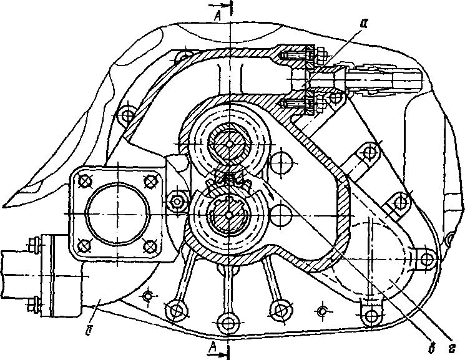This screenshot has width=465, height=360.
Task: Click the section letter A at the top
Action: [x=218, y=16]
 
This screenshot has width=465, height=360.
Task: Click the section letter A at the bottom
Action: [x=212, y=346]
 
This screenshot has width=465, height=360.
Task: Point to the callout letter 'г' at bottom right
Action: [x=452, y=349]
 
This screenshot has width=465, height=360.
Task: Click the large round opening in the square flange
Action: [x=117, y=213]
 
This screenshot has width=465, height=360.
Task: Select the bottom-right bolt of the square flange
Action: [x=150, y=246]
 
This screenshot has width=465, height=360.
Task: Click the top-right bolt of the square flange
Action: [x=150, y=180]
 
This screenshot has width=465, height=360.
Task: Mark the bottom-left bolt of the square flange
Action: [x=84, y=246]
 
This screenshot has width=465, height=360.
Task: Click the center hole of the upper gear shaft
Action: [x=230, y=144]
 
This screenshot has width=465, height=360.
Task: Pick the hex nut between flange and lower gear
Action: [x=177, y=202]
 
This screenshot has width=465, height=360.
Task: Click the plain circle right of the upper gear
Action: [x=281, y=162]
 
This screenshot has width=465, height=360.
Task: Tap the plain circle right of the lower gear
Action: [x=281, y=215]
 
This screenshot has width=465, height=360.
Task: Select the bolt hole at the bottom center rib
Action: [x=227, y=323]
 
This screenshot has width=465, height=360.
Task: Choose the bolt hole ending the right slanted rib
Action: [x=280, y=310]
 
